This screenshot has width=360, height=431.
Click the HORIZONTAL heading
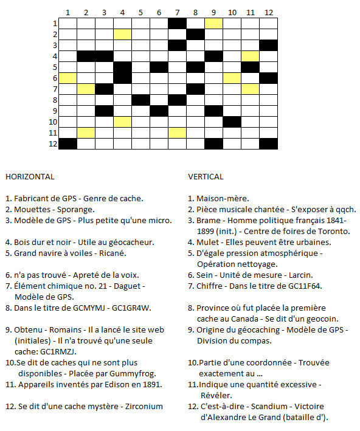[x=30, y=177]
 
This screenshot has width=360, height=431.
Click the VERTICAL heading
[x=206, y=177]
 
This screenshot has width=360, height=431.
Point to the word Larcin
[x=288, y=275]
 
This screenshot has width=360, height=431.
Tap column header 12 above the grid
[x=268, y=12]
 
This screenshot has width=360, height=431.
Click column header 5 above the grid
[x=140, y=12]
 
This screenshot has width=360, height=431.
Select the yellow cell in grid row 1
[x=213, y=23]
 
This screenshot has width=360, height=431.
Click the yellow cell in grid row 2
[x=122, y=34]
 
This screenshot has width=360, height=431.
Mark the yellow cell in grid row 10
[x=122, y=122]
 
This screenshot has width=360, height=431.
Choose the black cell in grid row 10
[x=232, y=122]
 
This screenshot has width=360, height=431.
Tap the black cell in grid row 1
[x=177, y=23]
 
